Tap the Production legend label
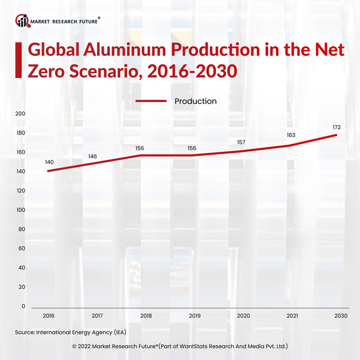(195, 101)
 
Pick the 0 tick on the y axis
(23, 306)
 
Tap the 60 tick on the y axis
(21, 248)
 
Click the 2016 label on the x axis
(48, 315)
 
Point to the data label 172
(337, 127)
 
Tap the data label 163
(290, 135)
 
